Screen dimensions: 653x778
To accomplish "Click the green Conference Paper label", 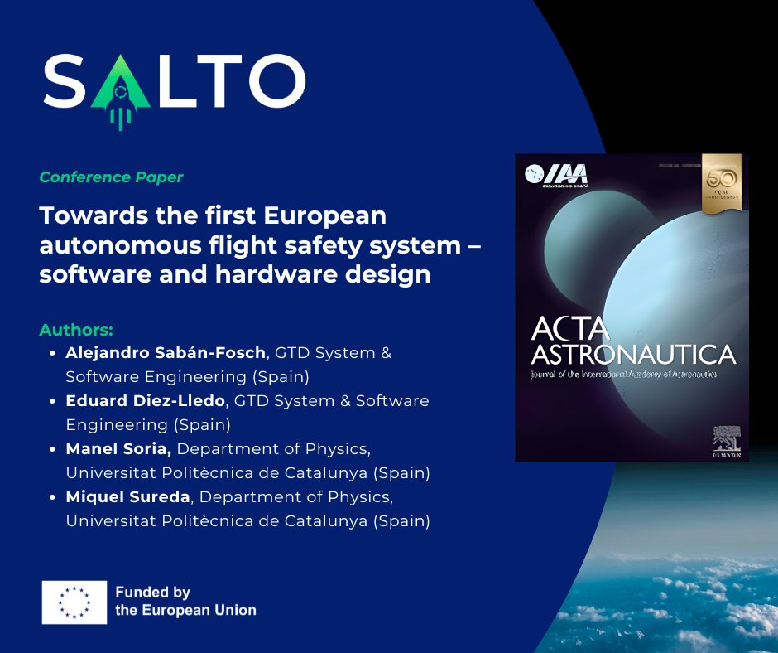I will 111,177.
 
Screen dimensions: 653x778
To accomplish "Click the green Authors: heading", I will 76,330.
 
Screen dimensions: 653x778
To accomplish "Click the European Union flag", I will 74,602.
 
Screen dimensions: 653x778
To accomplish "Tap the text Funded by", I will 153,593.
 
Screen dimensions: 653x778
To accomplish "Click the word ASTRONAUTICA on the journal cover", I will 632,355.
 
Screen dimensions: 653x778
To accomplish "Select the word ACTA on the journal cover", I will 569,329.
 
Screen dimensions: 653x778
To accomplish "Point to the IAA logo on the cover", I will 557,174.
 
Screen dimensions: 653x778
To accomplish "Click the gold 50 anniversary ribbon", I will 720,182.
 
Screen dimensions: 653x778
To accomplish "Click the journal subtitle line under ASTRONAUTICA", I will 623,375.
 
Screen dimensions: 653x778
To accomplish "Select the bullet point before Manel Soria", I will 54,450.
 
